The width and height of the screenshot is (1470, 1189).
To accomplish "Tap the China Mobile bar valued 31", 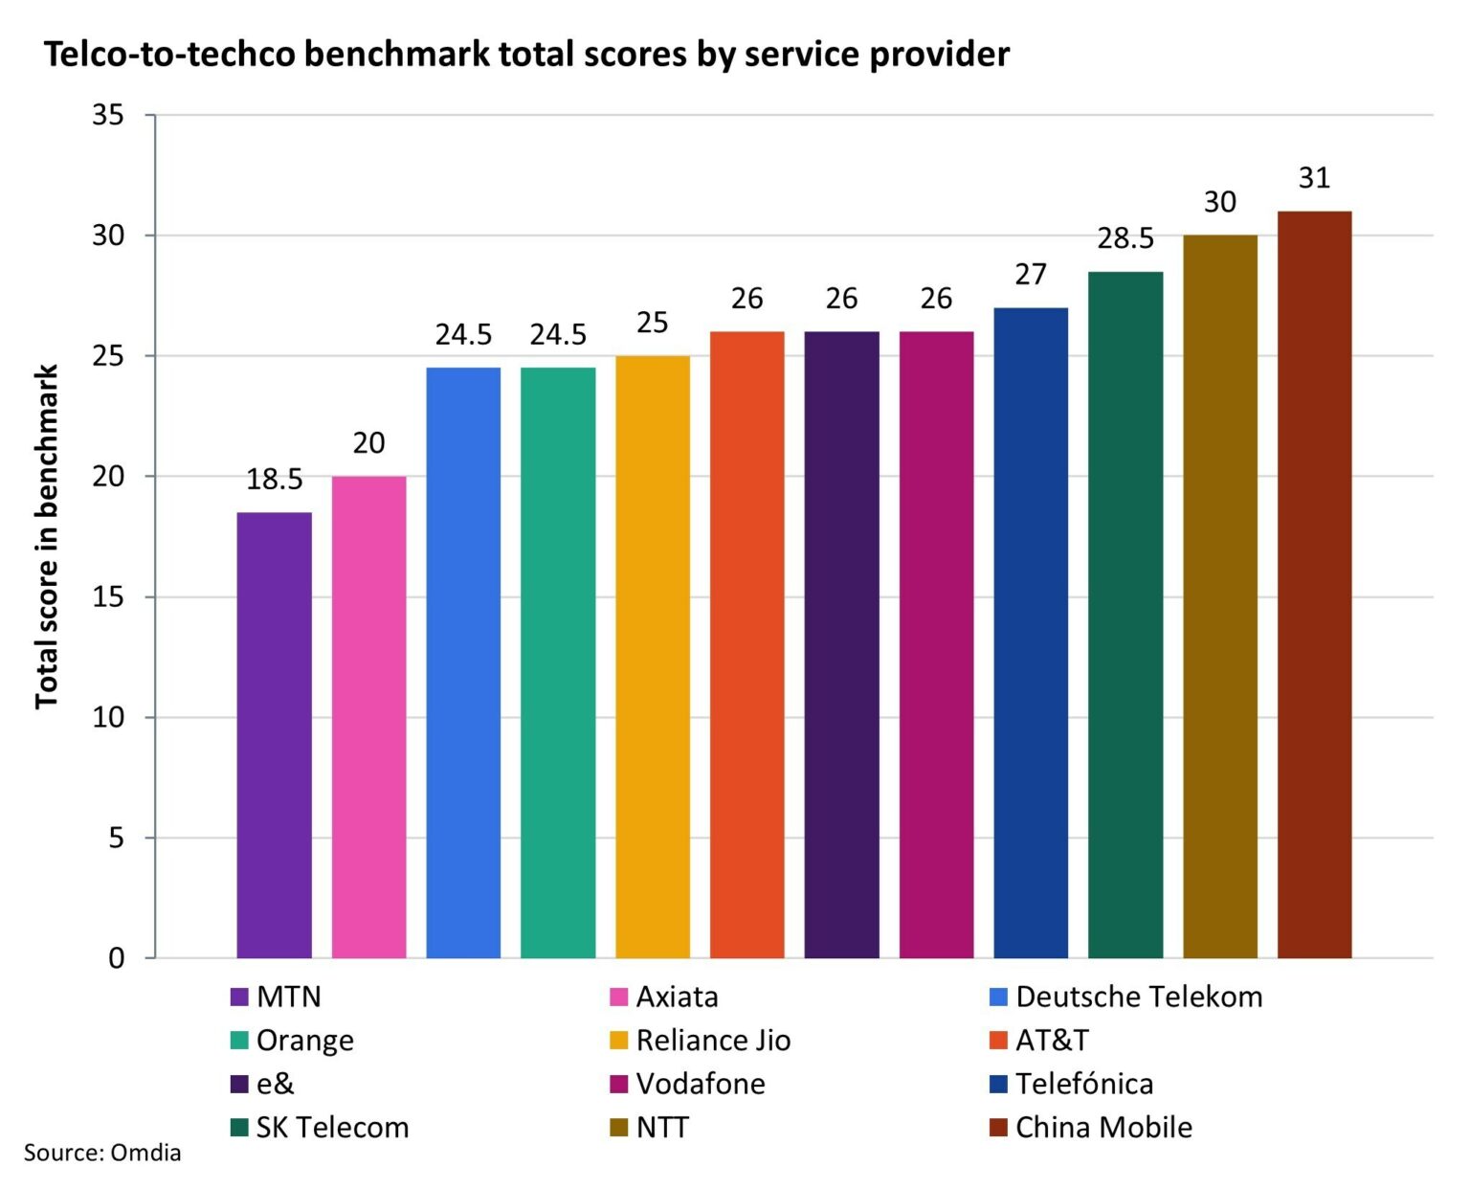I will tap(1314, 584).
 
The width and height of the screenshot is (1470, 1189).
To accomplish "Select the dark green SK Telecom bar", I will tap(1125, 614).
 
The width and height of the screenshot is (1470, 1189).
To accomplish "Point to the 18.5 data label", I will tap(274, 479).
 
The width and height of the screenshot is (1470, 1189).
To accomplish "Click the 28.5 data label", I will tap(1125, 238).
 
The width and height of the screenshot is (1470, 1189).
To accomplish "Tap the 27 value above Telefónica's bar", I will tap(1031, 275).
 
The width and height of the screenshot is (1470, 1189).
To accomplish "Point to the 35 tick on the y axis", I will tap(108, 115).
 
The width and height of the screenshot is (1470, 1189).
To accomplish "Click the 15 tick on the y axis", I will tap(108, 597).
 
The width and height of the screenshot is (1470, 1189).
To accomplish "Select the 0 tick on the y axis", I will tap(116, 958).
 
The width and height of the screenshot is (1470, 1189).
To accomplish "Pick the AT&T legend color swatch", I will tap(998, 1041).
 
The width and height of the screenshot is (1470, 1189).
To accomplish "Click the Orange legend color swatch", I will tap(239, 1041).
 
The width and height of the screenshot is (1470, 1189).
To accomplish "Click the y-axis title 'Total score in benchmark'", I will tap(47, 536).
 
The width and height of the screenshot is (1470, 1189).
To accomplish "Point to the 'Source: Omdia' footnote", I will tap(102, 1152).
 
